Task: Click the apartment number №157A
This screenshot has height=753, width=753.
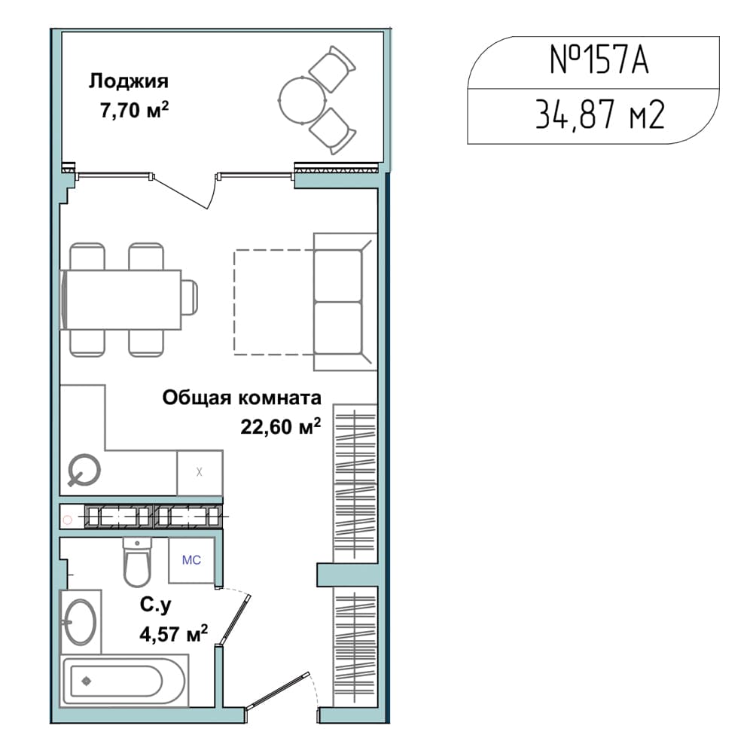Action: [x=599, y=60]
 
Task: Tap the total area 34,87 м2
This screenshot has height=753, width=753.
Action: [x=600, y=115]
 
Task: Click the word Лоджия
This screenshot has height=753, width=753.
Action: [x=129, y=81]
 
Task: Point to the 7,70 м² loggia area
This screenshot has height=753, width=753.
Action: [x=134, y=110]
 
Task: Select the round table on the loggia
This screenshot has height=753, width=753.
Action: [x=303, y=100]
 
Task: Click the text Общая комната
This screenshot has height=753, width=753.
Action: [x=242, y=398]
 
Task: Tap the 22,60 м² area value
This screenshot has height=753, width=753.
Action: [x=280, y=426]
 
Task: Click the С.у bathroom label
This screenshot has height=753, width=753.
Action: [x=156, y=605]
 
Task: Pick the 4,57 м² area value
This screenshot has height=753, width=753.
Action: [x=173, y=634]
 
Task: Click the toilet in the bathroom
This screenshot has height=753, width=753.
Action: [x=137, y=562]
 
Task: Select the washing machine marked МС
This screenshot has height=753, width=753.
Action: [x=191, y=560]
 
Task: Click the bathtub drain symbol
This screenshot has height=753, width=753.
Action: [x=87, y=681]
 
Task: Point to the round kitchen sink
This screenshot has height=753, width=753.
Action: [x=84, y=470]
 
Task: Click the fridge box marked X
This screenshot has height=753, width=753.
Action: [x=200, y=473]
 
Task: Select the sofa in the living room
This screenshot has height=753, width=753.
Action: [x=345, y=302]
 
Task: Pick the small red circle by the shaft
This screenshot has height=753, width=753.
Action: [x=68, y=520]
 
